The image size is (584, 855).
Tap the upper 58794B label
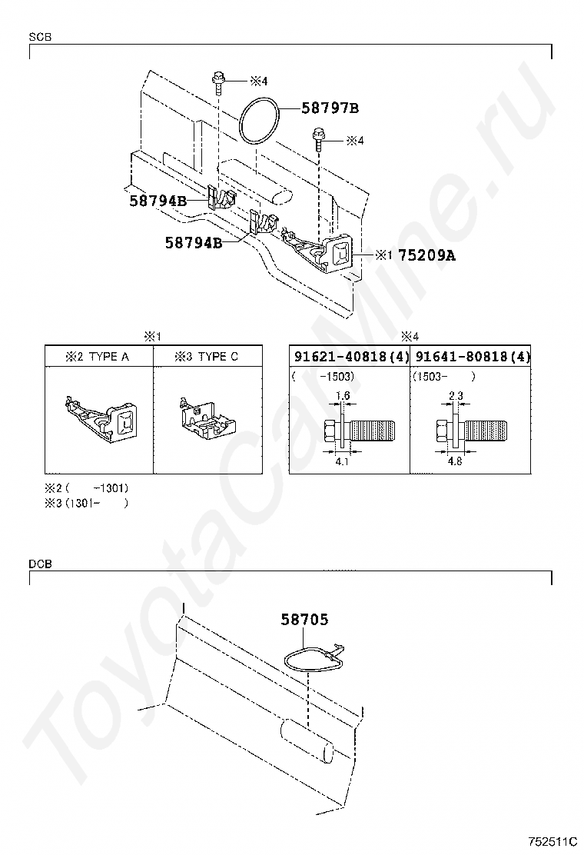tap(158, 201)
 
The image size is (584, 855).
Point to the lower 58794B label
tap(194, 243)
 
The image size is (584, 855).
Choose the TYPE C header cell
tap(206, 357)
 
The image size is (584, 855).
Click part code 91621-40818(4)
tap(349, 357)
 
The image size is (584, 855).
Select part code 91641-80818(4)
tap(472, 357)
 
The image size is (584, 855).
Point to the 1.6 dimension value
tap(343, 395)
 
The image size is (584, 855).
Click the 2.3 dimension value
tap(455, 395)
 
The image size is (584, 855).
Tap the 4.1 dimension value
tap(343, 462)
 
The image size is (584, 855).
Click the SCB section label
tap(40, 37)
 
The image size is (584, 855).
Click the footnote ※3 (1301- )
tap(86, 503)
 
